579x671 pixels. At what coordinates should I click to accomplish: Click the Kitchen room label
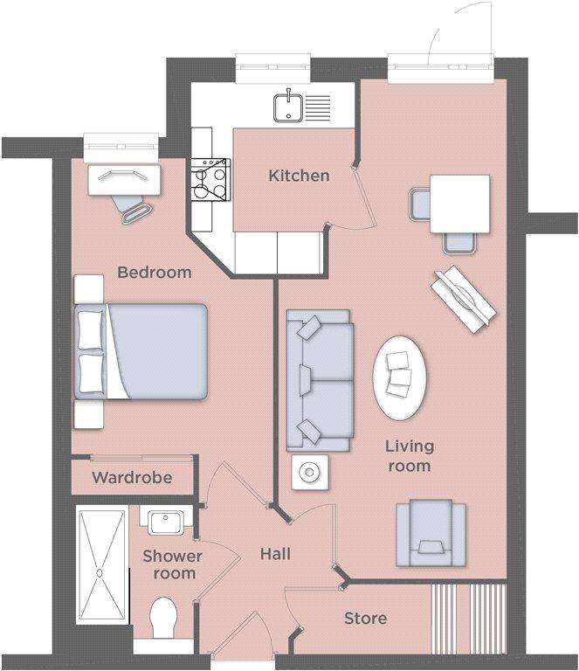(299, 176)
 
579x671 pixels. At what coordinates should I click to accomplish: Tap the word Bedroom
(155, 273)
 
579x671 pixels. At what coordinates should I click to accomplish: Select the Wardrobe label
(132, 478)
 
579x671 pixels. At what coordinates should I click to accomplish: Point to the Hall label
(275, 554)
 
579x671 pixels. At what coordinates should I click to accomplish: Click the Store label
(366, 619)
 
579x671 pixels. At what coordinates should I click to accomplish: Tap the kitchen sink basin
(288, 107)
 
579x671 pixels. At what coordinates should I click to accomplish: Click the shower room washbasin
(165, 523)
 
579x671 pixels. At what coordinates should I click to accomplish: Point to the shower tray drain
(100, 572)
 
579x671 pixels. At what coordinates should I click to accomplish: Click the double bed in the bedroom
(141, 352)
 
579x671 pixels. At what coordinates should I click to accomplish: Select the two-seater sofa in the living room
(321, 380)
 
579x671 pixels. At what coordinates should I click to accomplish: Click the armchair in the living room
(431, 533)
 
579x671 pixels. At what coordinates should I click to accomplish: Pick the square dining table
(459, 204)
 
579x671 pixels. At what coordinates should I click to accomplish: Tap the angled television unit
(463, 300)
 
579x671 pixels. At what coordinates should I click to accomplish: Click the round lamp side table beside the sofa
(310, 473)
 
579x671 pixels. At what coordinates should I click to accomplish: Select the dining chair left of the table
(420, 205)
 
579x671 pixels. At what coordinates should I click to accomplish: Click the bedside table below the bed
(89, 414)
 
